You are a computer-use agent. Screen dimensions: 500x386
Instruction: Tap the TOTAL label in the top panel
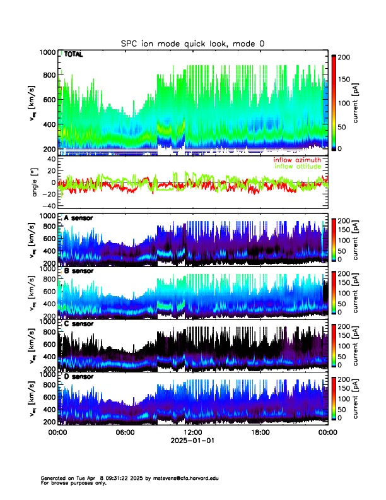pyautogui.click(x=74, y=56)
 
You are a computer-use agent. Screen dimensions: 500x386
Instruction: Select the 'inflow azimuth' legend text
pyautogui.click(x=296, y=160)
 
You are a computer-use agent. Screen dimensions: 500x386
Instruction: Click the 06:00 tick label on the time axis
pyautogui.click(x=125, y=432)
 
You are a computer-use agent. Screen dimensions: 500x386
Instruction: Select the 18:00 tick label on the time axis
pyautogui.click(x=260, y=432)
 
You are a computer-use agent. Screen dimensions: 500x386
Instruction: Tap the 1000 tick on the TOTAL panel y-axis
pyautogui.click(x=46, y=52)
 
